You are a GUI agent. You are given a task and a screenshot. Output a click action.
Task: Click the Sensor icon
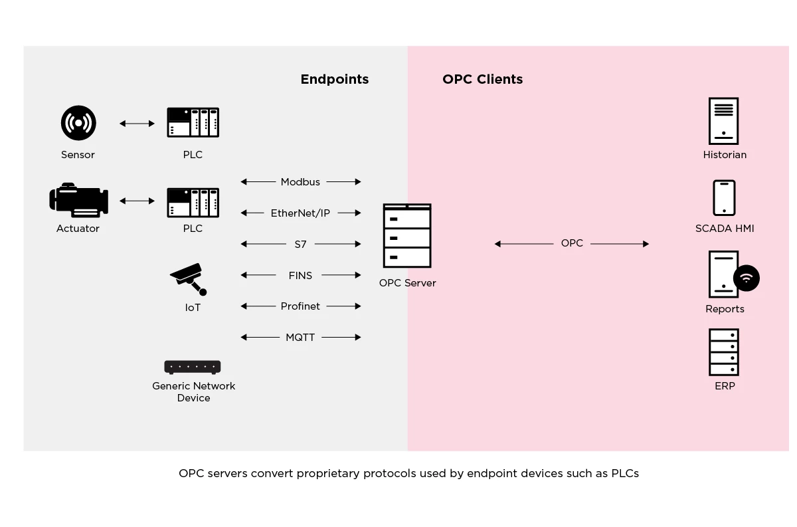pyautogui.click(x=78, y=123)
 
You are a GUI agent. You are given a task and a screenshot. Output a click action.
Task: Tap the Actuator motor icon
pyautogui.click(x=78, y=200)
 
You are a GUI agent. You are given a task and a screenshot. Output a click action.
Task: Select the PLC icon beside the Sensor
pyautogui.click(x=193, y=123)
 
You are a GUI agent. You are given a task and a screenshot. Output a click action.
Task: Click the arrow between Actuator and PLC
pyautogui.click(x=137, y=200)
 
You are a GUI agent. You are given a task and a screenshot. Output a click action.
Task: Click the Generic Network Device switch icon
pyautogui.click(x=193, y=367)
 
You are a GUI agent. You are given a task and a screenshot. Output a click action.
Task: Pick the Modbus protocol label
pyautogui.click(x=300, y=181)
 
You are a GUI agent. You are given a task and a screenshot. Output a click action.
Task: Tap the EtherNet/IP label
pyautogui.click(x=300, y=213)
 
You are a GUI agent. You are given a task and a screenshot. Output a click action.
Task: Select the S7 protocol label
pyautogui.click(x=301, y=244)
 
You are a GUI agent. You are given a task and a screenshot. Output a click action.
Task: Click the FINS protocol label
pyautogui.click(x=300, y=275)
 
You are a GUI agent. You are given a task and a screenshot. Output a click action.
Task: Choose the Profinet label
pyautogui.click(x=300, y=306)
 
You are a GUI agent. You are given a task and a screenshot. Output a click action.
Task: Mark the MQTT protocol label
pyautogui.click(x=300, y=338)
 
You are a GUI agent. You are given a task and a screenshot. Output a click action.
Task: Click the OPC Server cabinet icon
pyautogui.click(x=407, y=236)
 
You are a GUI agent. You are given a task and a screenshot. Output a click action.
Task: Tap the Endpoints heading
pyautogui.click(x=335, y=79)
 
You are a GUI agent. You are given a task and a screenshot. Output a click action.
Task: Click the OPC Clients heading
pyautogui.click(x=483, y=79)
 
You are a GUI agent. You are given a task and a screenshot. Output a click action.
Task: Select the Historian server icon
pyautogui.click(x=723, y=121)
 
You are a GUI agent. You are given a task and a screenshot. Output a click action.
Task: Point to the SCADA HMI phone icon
pyautogui.click(x=724, y=198)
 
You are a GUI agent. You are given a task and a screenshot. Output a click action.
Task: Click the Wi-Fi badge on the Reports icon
pyautogui.click(x=747, y=278)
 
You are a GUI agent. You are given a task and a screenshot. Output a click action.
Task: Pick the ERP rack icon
pyautogui.click(x=724, y=352)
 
